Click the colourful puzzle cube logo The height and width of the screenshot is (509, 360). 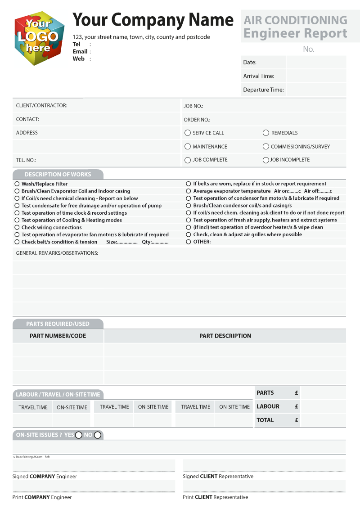tap(39, 38)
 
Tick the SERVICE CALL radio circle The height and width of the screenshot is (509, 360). tap(188, 133)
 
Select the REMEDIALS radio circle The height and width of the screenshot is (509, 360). tap(266, 133)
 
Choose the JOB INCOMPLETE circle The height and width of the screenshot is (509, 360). tap(266, 160)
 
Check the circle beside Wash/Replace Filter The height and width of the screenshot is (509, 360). tap(17, 184)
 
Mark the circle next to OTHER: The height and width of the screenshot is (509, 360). tap(189, 242)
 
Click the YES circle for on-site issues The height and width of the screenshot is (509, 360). tap(79, 435)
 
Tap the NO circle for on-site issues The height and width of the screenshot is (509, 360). tap(98, 435)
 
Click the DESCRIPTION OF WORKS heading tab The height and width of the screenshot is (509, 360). tap(58, 175)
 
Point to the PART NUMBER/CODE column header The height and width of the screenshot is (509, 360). tap(58, 336)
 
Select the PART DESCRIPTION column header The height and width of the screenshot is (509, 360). tap(225, 336)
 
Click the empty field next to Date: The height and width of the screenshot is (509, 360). tap(316, 62)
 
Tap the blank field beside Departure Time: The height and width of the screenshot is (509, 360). tap(316, 90)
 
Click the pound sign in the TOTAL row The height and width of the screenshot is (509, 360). tap(297, 420)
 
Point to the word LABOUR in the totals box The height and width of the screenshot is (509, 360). tap(268, 406)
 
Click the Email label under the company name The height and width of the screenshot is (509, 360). tap(80, 51)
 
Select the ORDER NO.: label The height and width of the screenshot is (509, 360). tap(197, 120)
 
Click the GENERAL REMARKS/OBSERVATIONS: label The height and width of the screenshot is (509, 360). tap(57, 253)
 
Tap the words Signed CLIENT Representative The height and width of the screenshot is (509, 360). tap(218, 476)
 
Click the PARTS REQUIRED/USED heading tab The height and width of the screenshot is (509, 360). tap(58, 324)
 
